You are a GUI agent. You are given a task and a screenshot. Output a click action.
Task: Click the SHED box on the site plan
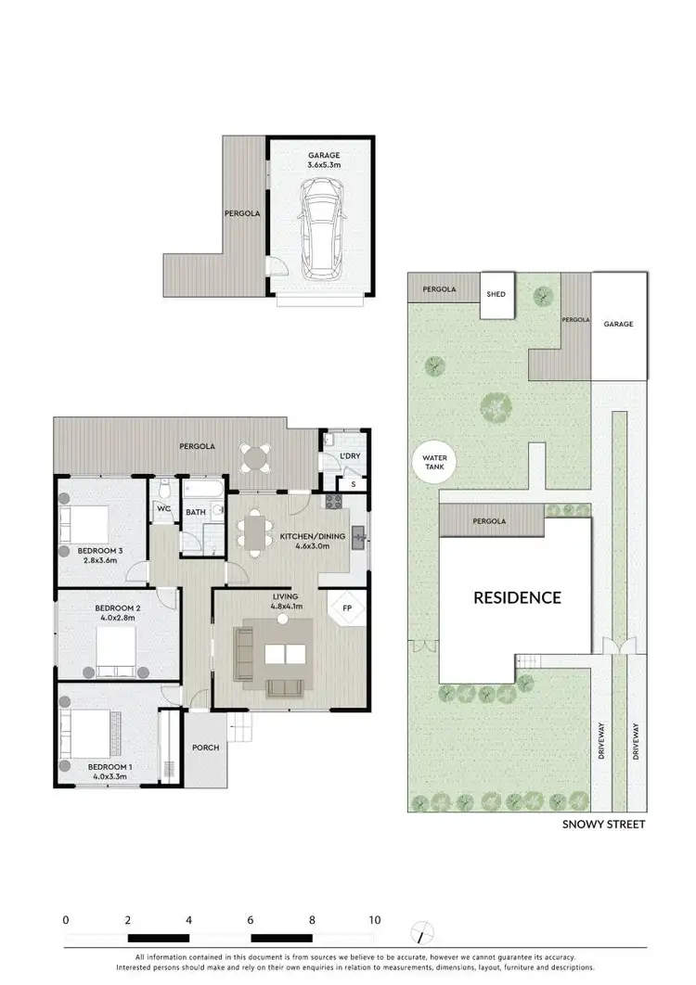click(496, 295)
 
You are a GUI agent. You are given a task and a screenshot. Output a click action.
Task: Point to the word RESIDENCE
click(517, 597)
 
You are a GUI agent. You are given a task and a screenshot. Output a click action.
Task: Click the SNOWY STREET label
click(604, 824)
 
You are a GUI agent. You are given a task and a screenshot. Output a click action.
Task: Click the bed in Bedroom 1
click(91, 723)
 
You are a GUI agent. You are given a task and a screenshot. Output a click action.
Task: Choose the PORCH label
click(205, 748)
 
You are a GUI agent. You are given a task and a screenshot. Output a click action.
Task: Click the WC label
click(162, 509)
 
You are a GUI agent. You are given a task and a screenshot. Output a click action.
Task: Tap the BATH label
click(195, 511)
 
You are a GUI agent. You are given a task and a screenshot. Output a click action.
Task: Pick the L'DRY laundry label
click(350, 457)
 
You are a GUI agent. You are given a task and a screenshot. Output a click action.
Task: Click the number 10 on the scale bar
click(374, 921)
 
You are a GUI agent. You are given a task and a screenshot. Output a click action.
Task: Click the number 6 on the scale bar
click(251, 921)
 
